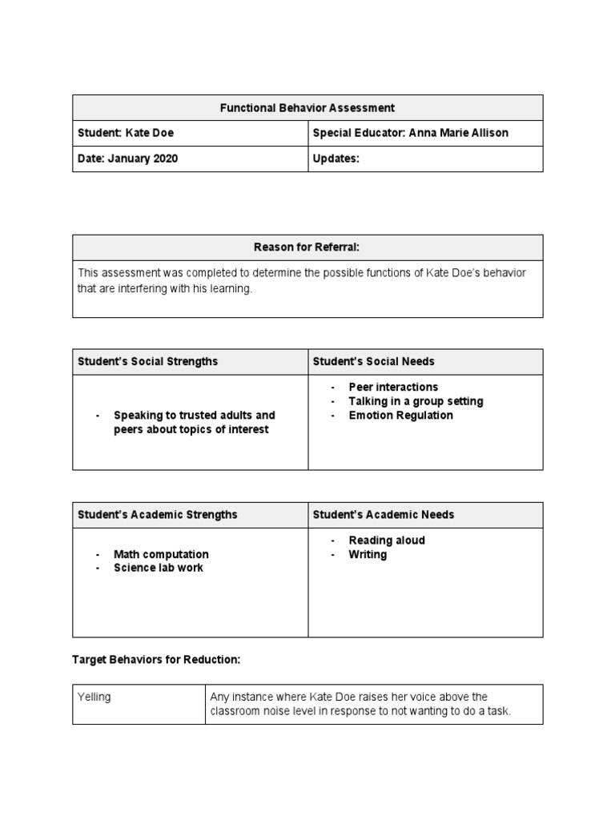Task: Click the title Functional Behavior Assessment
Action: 307,107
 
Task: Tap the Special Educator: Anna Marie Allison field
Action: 410,133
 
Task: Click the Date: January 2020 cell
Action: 127,159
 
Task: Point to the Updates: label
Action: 336,159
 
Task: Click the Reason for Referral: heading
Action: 307,247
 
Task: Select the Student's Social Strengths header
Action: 147,361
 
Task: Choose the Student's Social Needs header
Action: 373,361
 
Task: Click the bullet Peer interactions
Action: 393,387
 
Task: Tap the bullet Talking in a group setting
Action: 416,401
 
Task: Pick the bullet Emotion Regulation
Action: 400,416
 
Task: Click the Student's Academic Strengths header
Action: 157,514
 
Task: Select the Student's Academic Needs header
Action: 383,514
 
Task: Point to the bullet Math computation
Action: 161,554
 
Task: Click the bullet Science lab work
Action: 159,568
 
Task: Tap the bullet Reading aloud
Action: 387,541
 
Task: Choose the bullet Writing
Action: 368,554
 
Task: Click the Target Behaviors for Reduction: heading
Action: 156,659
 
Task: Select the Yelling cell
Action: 94,697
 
